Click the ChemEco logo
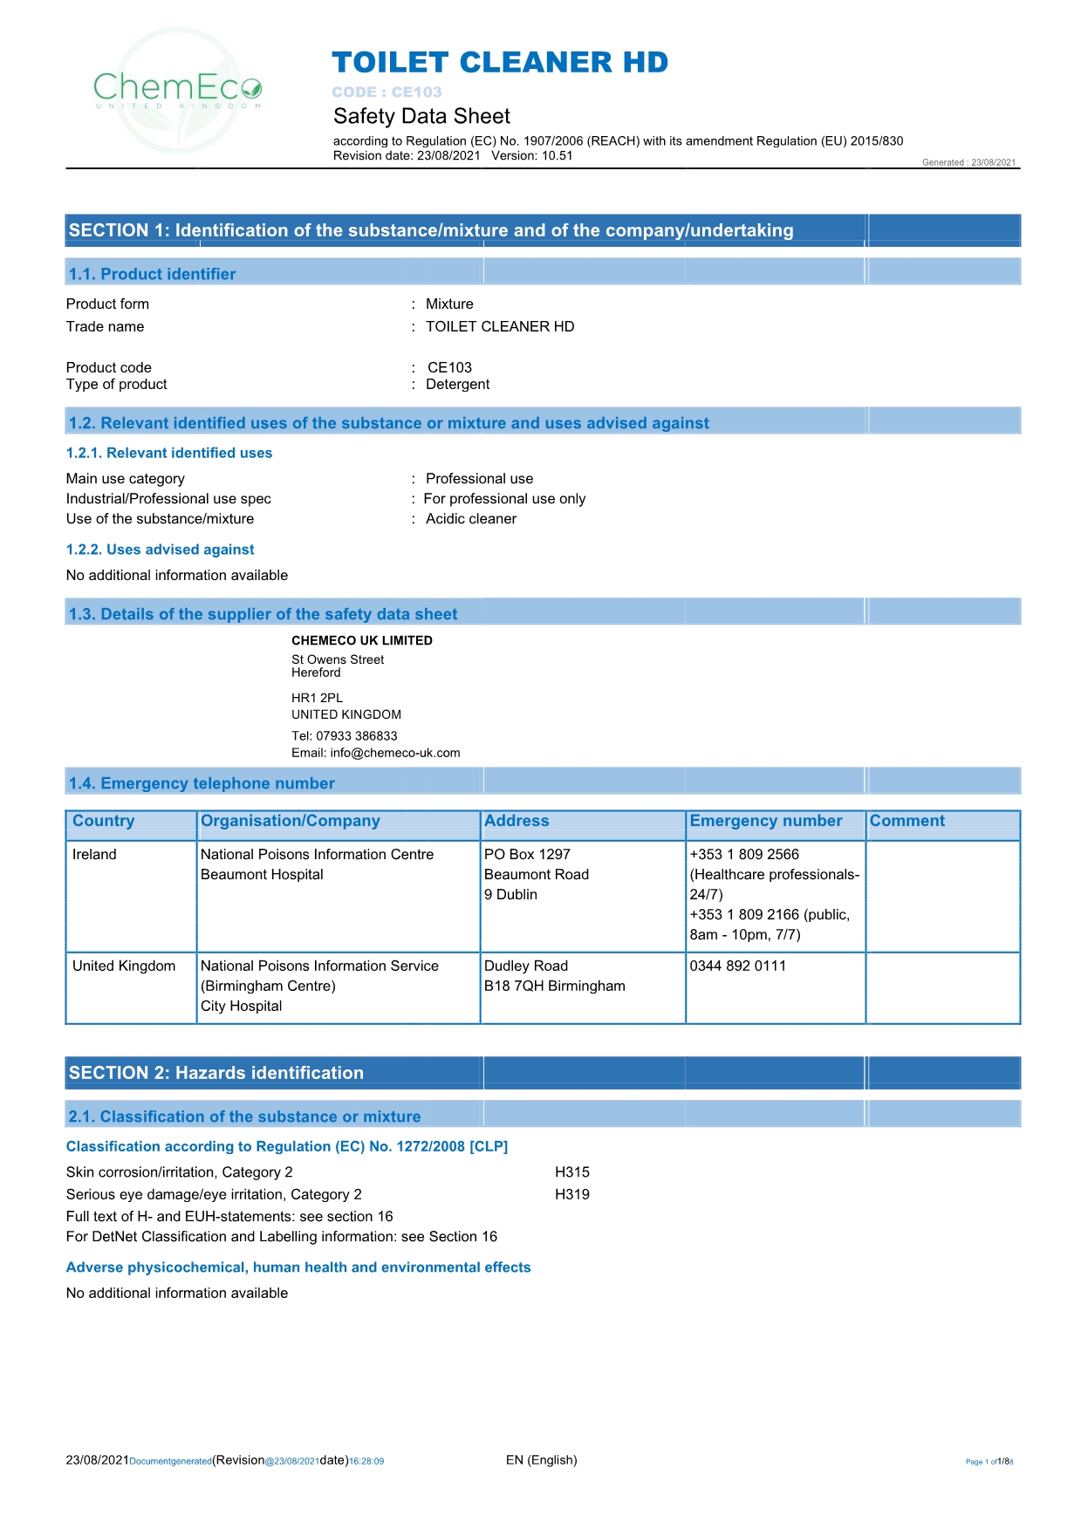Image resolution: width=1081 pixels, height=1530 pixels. click(178, 89)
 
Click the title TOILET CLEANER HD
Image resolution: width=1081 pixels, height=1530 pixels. click(500, 63)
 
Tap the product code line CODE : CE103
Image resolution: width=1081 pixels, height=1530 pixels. click(387, 92)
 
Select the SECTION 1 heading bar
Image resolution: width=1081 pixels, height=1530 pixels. click(431, 230)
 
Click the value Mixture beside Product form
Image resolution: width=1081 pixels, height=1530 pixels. click(449, 304)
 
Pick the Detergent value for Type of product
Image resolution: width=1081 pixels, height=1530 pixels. click(457, 385)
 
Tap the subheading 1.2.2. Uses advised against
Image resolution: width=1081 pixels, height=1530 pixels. click(161, 550)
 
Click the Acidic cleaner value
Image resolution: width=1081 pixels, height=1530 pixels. click(471, 519)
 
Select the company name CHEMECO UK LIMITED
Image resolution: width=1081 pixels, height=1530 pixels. click(362, 640)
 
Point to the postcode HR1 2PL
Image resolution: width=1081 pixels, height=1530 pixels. click(318, 698)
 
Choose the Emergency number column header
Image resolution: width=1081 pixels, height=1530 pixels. click(766, 821)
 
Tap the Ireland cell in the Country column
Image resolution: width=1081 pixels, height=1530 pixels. click(94, 855)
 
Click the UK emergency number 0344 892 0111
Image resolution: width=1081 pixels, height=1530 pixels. click(738, 966)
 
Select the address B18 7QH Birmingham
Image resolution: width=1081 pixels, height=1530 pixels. click(555, 987)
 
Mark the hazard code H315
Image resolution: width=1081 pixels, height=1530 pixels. click(572, 1172)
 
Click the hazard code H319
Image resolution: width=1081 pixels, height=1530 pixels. click(572, 1195)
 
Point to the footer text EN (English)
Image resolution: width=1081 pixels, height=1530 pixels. click(542, 1460)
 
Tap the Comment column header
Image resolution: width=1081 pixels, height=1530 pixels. click(907, 821)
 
